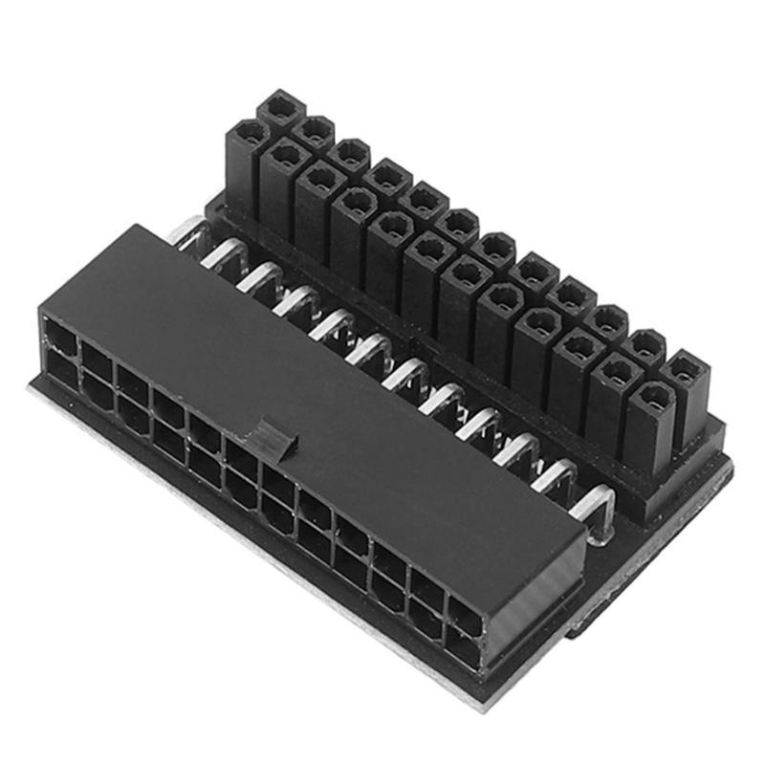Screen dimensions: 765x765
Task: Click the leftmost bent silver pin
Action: pyautogui.click(x=187, y=232)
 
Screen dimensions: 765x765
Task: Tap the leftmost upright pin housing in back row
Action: pyautogui.click(x=280, y=111)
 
